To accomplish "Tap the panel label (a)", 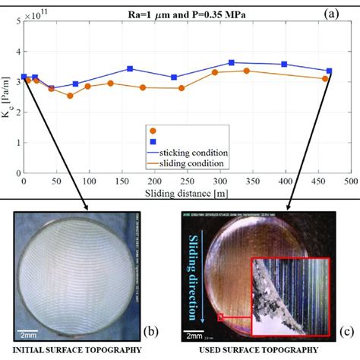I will pos(340,13).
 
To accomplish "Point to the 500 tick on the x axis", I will pos(350,182).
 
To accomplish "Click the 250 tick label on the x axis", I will pos(187,182).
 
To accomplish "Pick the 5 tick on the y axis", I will pos(16,23).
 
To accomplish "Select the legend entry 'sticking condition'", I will pos(199,153).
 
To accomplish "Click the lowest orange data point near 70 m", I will pos(70,96).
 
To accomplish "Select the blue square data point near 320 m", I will pos(232,63).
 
